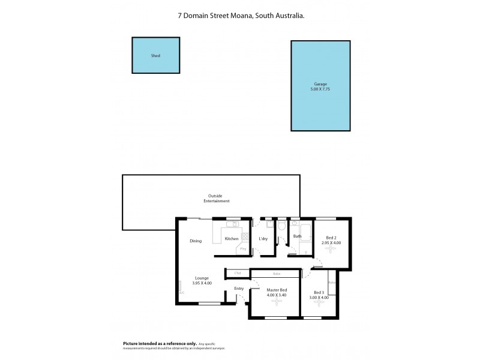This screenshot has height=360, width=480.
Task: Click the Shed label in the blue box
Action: click(x=155, y=56)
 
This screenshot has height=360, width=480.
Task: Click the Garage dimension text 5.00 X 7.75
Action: click(x=320, y=89)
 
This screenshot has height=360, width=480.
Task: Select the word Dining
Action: click(x=196, y=241)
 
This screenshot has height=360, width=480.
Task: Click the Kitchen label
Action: click(x=232, y=239)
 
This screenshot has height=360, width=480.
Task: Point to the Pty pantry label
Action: click(x=243, y=248)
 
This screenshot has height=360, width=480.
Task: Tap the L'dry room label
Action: click(x=263, y=239)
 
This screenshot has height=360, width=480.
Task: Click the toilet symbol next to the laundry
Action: click(x=281, y=226)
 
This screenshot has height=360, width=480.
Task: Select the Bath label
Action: click(x=297, y=236)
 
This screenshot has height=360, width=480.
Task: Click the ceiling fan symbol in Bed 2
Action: click(x=332, y=251)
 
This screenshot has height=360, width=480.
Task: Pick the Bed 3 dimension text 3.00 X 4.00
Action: click(x=319, y=298)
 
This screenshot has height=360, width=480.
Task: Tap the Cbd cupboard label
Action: click(x=238, y=274)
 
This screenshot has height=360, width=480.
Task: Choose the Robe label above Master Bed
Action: click(x=276, y=274)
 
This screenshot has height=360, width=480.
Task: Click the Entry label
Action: click(x=239, y=289)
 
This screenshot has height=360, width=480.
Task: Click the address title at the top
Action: click(x=240, y=17)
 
